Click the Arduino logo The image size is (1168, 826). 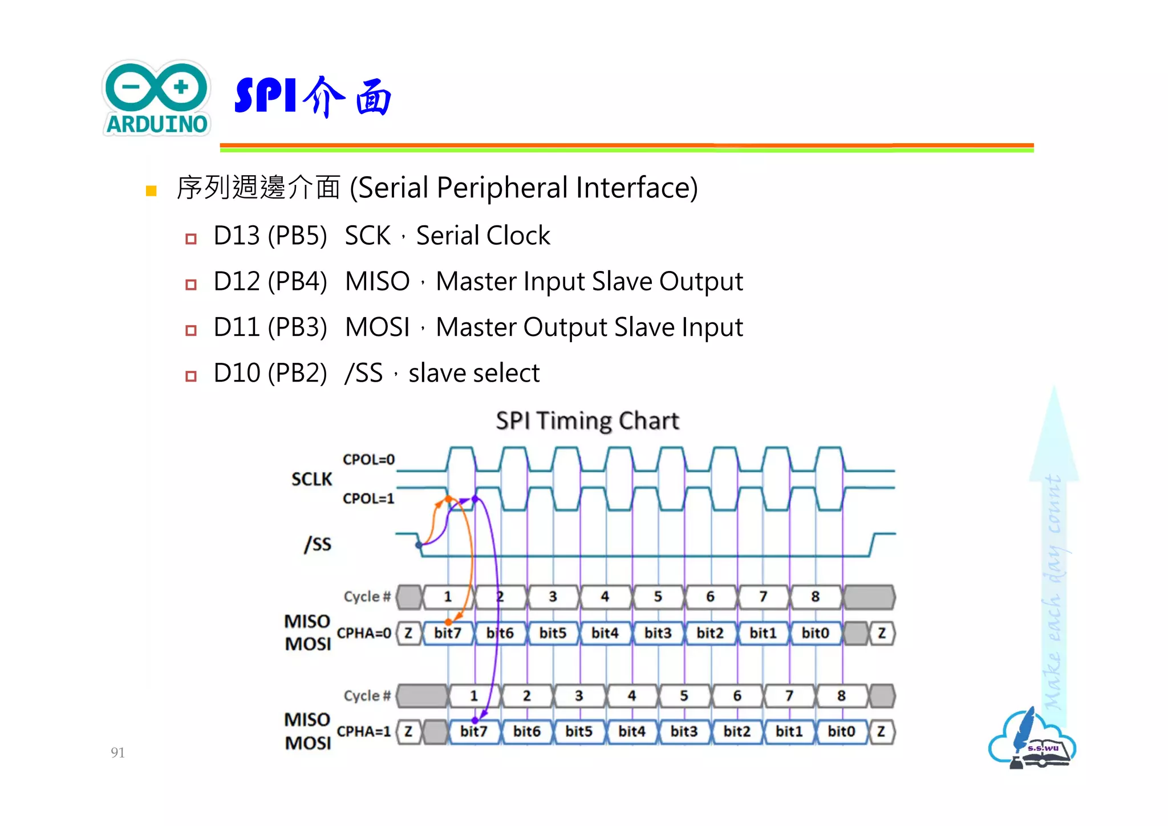tap(157, 98)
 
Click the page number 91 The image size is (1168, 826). tap(117, 752)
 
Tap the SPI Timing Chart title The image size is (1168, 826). tap(587, 421)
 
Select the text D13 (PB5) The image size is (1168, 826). tap(270, 236)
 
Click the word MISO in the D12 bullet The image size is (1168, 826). tap(377, 281)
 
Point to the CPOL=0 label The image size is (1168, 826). tap(368, 460)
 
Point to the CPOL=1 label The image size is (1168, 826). tap(368, 499)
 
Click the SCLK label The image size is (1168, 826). tap(311, 479)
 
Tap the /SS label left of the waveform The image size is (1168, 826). tap(318, 544)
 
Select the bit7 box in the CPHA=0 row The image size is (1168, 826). tap(448, 633)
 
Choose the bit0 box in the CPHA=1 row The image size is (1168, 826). tap(841, 731)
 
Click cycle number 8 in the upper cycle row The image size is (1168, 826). tap(816, 597)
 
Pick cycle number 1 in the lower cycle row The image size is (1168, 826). tap(474, 696)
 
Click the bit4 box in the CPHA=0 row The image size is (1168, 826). tap(605, 633)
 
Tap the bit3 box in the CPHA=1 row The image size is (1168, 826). tap(684, 731)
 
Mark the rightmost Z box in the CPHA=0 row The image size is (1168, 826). tap(882, 633)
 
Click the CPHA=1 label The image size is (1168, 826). tap(364, 731)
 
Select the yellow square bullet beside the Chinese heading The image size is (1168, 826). tap(151, 191)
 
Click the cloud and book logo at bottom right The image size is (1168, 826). tap(1032, 740)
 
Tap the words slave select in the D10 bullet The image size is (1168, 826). tap(474, 373)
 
